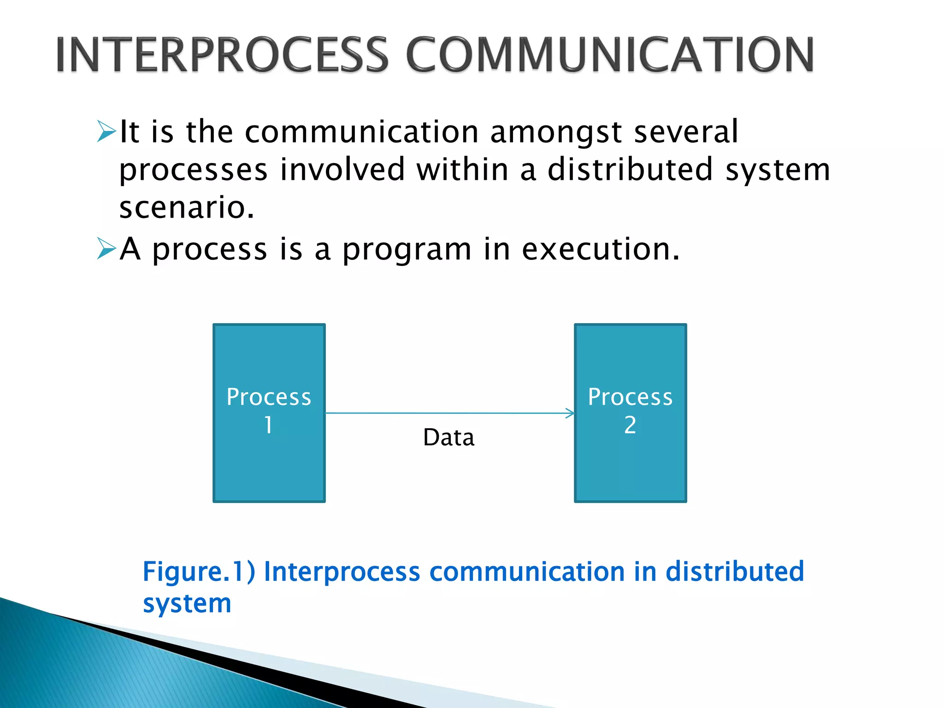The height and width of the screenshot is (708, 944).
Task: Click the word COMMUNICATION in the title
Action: coord(610,55)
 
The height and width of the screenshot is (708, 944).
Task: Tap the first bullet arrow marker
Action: coord(106,132)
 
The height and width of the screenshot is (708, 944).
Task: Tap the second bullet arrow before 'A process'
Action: coord(106,249)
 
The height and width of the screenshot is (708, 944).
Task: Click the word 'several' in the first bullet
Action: coord(686,132)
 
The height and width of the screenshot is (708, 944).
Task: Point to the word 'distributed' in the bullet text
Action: coord(631,169)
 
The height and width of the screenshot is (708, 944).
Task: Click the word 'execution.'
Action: coord(601,249)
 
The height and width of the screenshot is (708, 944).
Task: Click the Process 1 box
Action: coord(269,461)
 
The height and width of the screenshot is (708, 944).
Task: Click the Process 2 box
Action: coord(630,461)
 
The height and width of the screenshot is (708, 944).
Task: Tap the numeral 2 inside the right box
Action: coord(630,425)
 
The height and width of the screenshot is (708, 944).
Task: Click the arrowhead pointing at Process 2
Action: coord(571,413)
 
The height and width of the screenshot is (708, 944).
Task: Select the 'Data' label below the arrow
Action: coord(448,437)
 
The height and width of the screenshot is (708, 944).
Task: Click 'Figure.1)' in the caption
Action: coord(199,572)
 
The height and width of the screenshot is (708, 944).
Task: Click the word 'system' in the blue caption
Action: coord(187,603)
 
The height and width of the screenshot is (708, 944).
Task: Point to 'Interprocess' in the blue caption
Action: coord(342,572)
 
